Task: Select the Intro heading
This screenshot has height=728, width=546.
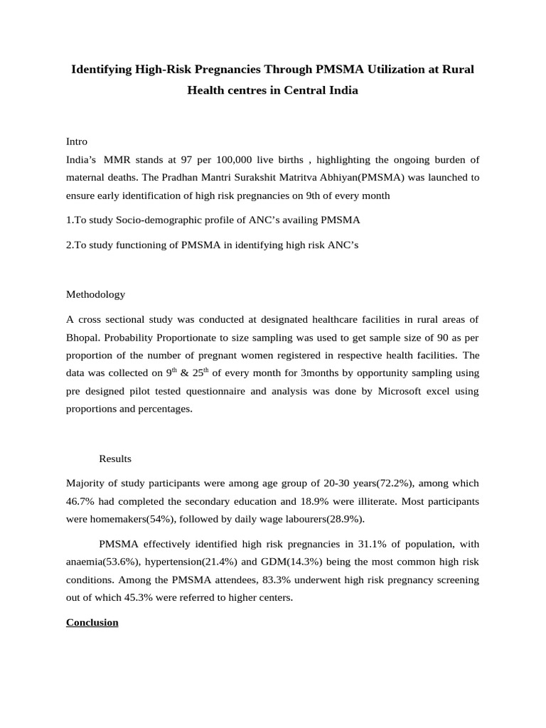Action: tap(77, 141)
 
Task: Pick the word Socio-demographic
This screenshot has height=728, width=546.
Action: tap(158, 220)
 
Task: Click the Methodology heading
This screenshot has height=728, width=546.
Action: tap(95, 294)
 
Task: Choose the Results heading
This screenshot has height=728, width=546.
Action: tap(115, 459)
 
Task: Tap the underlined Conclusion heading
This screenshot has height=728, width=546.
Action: tap(92, 623)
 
